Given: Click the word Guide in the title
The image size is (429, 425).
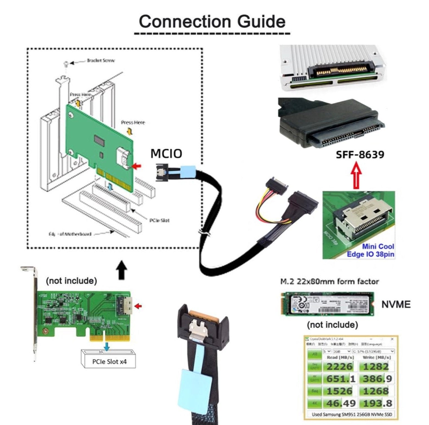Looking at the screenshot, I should [x=261, y=21].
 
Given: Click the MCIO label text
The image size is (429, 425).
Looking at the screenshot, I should [x=166, y=153].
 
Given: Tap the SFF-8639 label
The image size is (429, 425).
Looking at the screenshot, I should [x=360, y=155].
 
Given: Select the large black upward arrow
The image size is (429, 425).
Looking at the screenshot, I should [x=122, y=270].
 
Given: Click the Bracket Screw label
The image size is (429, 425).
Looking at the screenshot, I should [x=100, y=60].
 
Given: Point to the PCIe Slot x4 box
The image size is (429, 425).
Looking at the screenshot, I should [x=109, y=361].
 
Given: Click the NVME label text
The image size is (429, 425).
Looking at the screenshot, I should [x=396, y=304].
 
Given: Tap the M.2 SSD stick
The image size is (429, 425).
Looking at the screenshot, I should [x=327, y=304].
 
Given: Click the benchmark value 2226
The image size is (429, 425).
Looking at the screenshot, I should [x=340, y=367].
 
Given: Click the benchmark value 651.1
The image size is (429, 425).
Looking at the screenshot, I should [x=341, y=379].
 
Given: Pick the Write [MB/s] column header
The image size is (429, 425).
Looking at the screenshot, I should [x=377, y=357].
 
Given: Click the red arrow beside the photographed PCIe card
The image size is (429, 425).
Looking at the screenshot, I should [x=138, y=306].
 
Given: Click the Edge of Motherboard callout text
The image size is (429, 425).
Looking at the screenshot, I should [x=70, y=234].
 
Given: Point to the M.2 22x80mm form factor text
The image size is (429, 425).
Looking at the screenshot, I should [x=329, y=281].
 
